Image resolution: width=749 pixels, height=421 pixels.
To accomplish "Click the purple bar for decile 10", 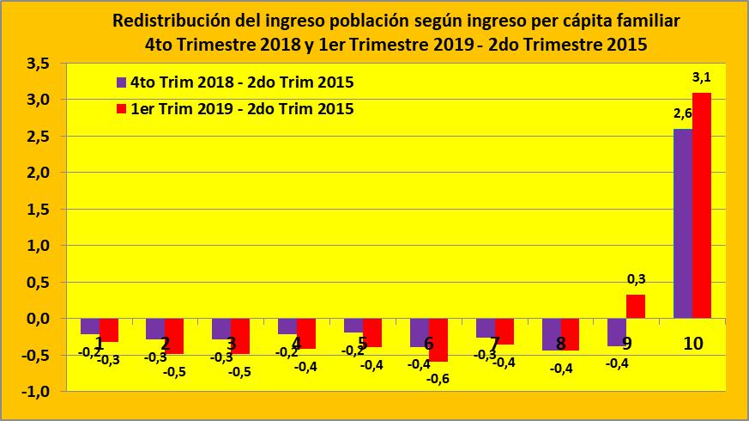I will [683, 223].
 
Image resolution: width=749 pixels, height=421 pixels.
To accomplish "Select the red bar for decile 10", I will [702, 205].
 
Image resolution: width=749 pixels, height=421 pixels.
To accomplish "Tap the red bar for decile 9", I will [636, 307].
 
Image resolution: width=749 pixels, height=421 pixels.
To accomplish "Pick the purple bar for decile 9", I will [617, 333].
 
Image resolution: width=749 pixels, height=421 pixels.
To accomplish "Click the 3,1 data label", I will [703, 78].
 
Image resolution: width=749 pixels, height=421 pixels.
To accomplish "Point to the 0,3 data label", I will [637, 279].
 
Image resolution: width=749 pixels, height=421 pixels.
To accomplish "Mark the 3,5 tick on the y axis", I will [37, 64].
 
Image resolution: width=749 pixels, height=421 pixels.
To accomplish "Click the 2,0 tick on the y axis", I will [37, 173].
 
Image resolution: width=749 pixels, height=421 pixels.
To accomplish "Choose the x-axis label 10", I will [693, 344].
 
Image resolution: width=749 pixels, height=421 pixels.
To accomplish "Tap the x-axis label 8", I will [561, 344].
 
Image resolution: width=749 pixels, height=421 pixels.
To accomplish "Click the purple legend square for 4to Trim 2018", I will [122, 82].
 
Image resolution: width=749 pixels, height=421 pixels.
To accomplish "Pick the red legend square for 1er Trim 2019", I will [122, 109].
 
